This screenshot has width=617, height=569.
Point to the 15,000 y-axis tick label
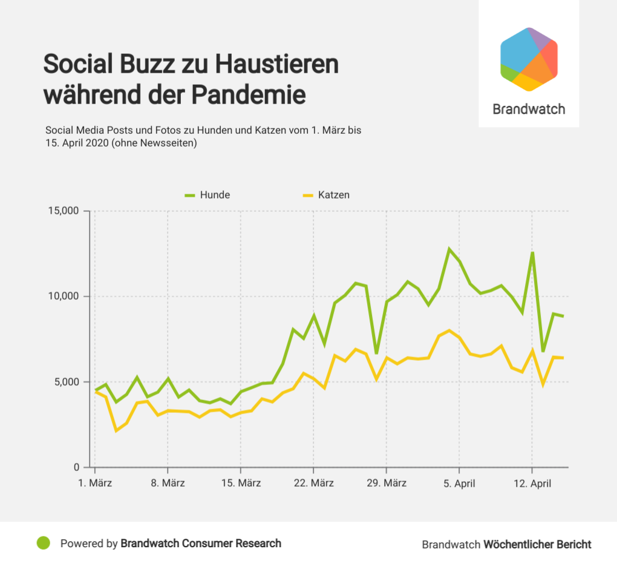64,211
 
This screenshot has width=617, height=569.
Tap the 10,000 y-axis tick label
64,297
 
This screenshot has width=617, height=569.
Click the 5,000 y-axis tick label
65,382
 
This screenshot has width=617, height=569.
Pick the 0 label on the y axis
76,467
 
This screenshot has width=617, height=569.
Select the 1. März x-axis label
96,484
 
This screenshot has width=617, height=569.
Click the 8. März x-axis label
168,484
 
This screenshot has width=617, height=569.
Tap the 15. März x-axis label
241,484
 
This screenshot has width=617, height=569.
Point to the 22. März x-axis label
314,484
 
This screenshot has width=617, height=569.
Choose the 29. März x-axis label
387,484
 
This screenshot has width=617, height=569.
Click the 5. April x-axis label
459,484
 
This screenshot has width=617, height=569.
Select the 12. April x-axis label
532,484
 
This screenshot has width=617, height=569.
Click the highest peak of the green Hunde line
449,249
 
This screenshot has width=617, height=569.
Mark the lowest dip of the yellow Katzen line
116,430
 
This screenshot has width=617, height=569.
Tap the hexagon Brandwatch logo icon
529,59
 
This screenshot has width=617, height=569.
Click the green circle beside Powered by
43,543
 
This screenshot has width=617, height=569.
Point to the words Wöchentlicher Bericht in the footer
537,544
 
